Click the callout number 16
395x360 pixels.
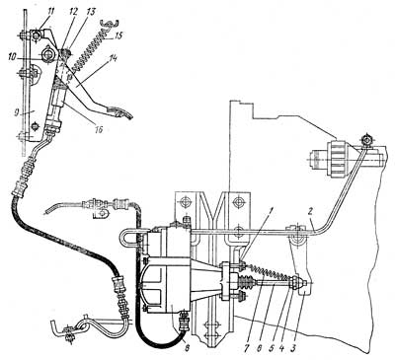97,129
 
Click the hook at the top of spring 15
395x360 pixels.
110,24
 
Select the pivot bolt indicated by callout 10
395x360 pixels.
46,53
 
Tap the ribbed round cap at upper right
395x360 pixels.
339,159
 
